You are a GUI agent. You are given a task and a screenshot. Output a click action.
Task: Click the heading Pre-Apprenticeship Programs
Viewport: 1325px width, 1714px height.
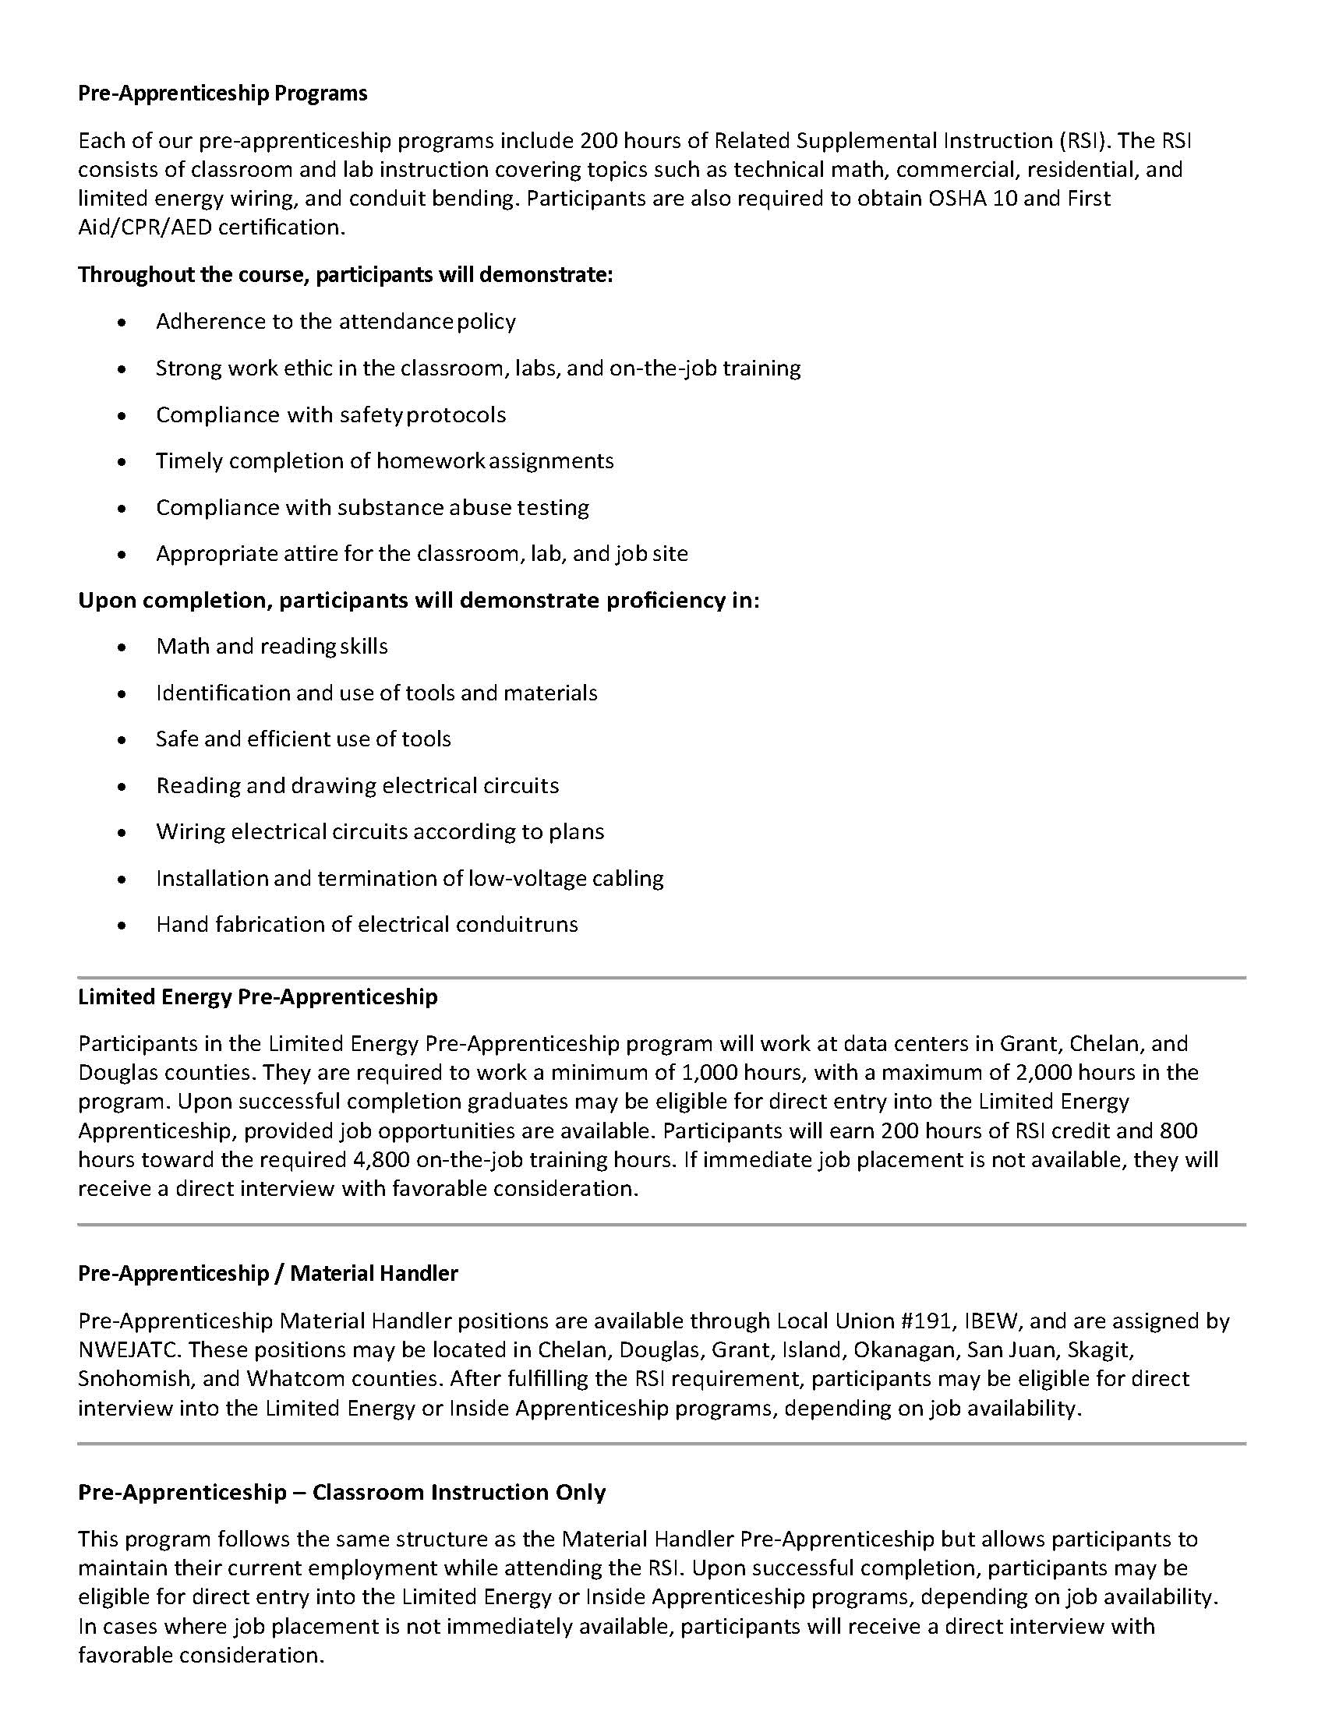222,93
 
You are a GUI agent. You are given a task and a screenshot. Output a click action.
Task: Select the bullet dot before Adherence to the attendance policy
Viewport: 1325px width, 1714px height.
121,323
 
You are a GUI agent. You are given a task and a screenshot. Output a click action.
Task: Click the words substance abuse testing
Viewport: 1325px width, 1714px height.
463,507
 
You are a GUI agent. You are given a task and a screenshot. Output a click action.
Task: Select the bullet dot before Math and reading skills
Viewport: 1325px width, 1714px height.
121,647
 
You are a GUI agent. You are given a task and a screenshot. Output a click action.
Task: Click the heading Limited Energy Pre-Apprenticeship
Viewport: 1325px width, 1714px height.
257,996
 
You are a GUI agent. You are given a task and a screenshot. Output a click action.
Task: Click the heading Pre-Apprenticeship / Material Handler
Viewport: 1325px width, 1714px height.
267,1273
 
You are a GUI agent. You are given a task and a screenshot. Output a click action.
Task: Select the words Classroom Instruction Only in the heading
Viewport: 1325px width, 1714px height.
459,1492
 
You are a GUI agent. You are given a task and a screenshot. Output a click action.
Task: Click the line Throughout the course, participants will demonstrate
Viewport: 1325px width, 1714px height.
345,276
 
